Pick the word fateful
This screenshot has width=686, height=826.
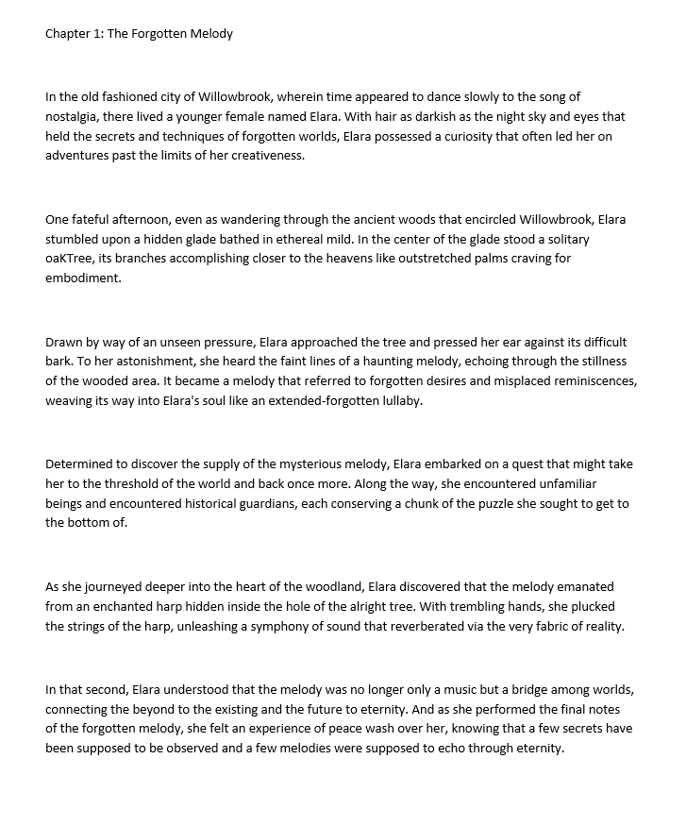pos(94,220)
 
